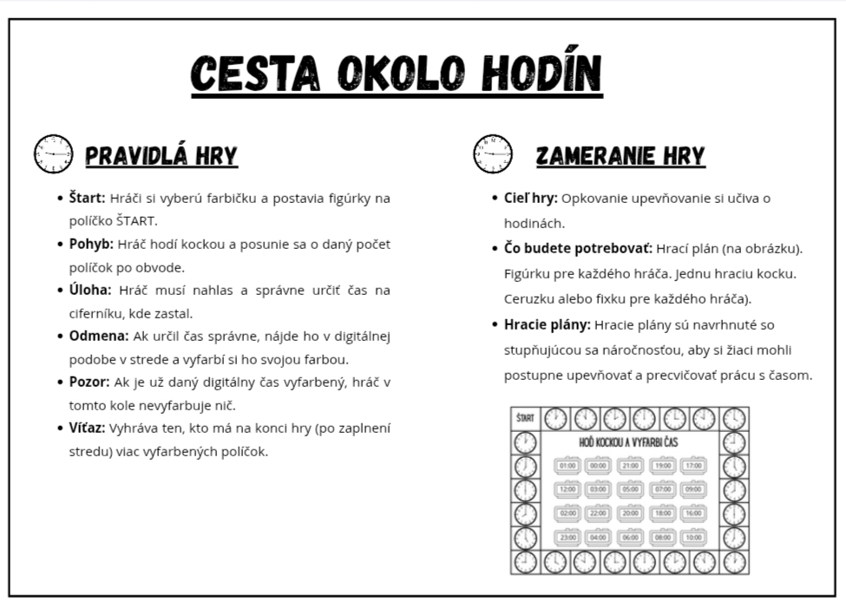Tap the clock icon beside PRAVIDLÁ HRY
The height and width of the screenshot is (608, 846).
[x=53, y=154]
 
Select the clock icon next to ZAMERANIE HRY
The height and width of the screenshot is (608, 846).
[x=492, y=154]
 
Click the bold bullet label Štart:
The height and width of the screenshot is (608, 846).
[x=87, y=198]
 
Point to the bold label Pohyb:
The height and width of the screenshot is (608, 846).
[x=91, y=244]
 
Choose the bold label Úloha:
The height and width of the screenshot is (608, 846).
[x=90, y=290]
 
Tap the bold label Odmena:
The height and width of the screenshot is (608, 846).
[x=99, y=336]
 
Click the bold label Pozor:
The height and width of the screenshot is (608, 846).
[x=89, y=382]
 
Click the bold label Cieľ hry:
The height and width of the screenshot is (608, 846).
[x=530, y=198]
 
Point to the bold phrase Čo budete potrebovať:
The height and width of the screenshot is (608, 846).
[x=578, y=248]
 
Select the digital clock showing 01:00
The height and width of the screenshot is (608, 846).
[x=567, y=466]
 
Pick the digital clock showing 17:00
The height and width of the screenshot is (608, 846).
[x=692, y=466]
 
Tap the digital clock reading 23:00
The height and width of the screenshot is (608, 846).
[x=567, y=537]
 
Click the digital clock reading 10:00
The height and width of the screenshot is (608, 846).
[x=692, y=537]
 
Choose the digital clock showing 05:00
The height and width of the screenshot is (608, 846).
[x=630, y=489]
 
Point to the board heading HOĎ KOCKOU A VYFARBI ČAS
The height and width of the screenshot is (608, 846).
[x=629, y=443]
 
